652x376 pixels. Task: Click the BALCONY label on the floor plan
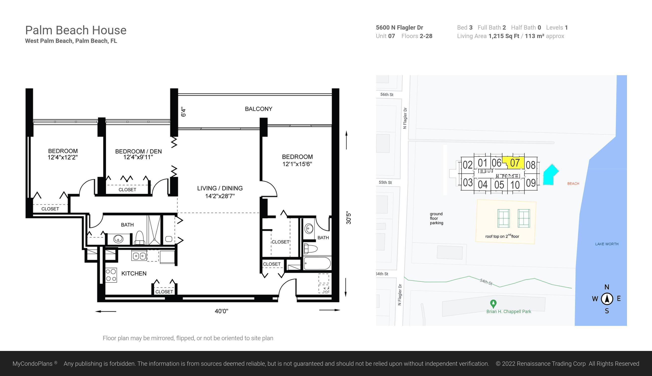[x=258, y=109]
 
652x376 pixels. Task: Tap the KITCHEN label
[x=134, y=273]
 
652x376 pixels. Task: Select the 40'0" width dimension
[x=221, y=311]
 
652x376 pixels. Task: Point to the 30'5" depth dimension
[x=349, y=218]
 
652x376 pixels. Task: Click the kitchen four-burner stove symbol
[x=111, y=275]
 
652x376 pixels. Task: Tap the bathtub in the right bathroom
[x=317, y=263]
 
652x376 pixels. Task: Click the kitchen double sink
[x=139, y=256]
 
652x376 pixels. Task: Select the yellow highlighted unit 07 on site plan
[x=515, y=163]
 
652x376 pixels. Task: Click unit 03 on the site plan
[x=468, y=182]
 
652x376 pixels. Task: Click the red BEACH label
[x=573, y=183]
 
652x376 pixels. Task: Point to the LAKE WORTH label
[x=607, y=244]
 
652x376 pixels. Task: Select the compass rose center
[x=607, y=299]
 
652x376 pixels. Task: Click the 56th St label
[x=387, y=95]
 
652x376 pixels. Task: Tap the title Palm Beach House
[x=76, y=30]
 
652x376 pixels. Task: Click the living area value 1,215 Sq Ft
[x=504, y=36]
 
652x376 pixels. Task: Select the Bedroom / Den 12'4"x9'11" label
[x=138, y=154]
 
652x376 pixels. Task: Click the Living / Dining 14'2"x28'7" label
[x=220, y=192]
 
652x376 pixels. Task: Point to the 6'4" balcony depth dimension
[x=183, y=112]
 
